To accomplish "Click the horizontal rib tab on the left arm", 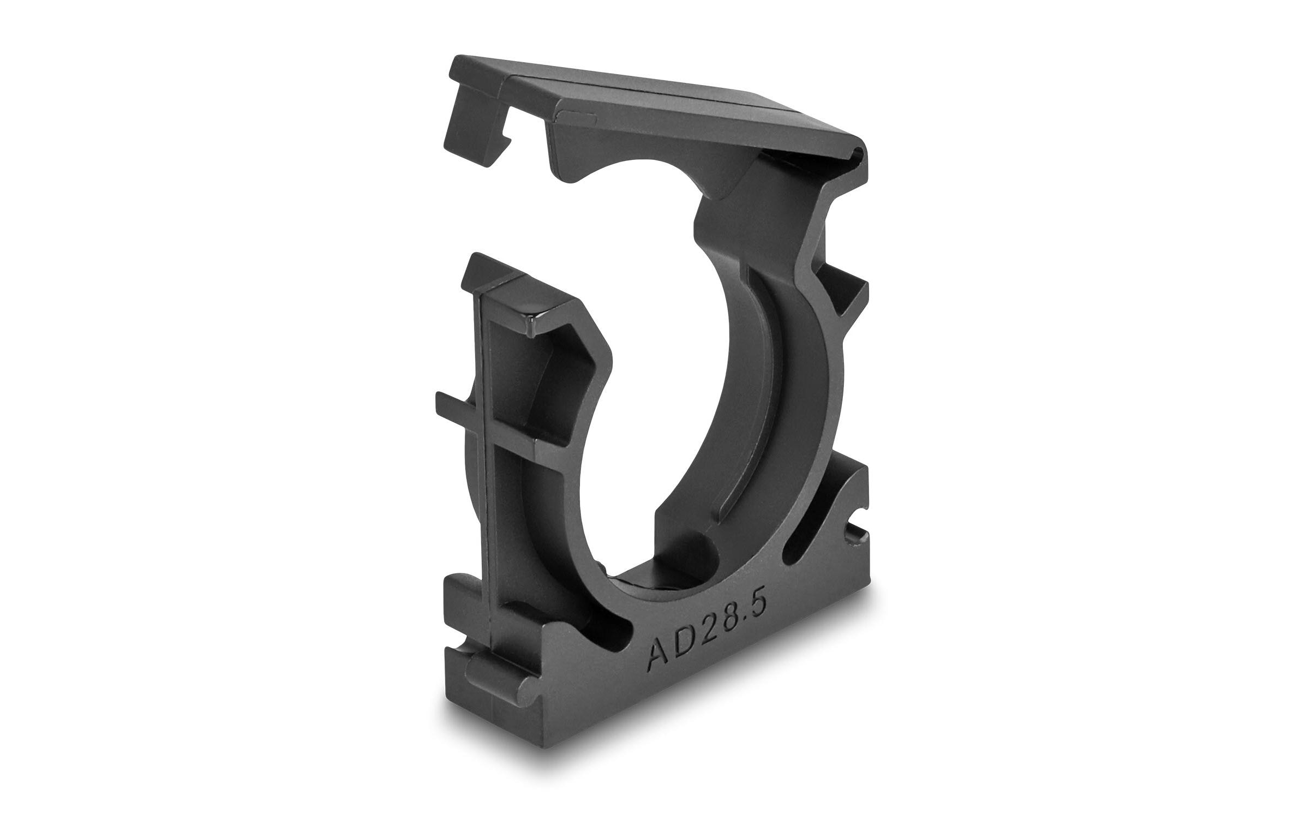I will tap(458, 403).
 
